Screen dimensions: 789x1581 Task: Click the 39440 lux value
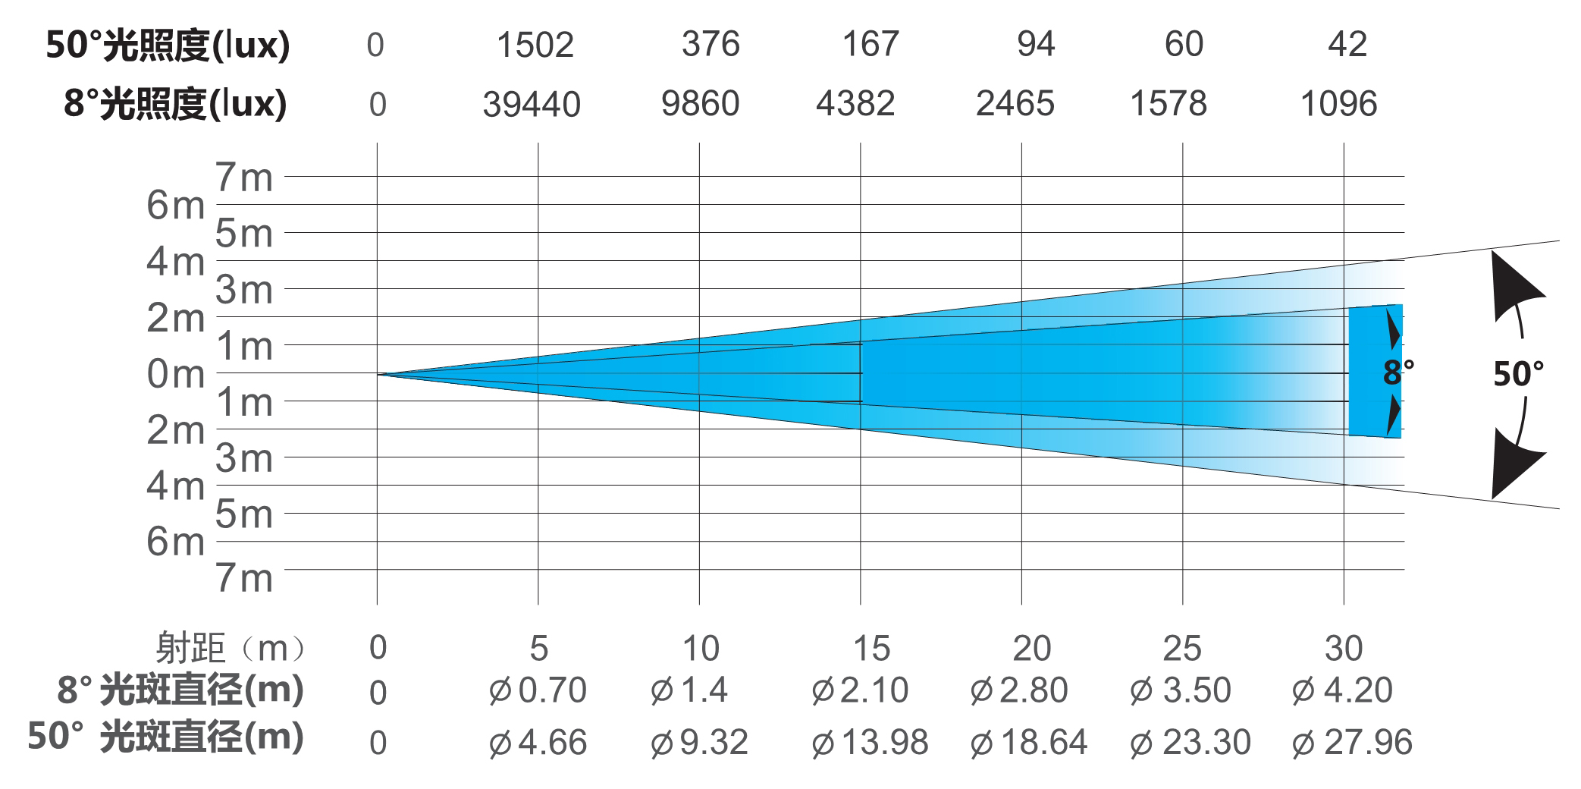[532, 104]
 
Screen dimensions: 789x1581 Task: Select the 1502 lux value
[535, 45]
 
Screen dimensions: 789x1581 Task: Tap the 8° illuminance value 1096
[1338, 104]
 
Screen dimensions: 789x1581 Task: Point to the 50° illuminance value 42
[1347, 45]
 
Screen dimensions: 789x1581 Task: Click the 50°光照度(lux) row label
[168, 46]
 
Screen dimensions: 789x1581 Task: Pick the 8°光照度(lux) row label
[175, 104]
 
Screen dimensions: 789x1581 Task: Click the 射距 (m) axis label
[231, 649]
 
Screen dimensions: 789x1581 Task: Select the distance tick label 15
[871, 649]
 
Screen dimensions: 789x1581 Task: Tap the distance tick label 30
[1344, 649]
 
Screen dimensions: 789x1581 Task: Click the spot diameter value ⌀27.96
[1353, 742]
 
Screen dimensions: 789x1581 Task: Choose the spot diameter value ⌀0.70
[538, 690]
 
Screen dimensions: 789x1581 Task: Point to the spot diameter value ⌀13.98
[870, 742]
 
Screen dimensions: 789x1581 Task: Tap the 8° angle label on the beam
[1397, 372]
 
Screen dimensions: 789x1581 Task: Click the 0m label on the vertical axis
[176, 374]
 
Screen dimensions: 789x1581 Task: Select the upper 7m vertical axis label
[244, 178]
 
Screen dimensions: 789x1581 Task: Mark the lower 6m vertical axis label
[176, 542]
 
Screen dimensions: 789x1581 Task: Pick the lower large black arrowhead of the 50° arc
[1512, 463]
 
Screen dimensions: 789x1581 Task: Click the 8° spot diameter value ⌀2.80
[1019, 690]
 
